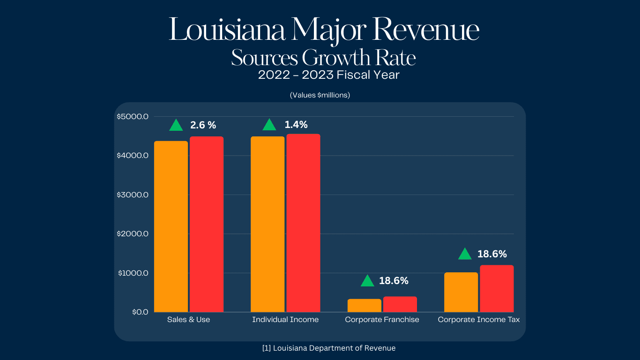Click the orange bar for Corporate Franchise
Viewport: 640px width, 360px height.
(x=365, y=305)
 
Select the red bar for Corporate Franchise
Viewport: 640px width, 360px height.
(x=400, y=304)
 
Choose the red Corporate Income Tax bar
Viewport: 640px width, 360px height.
(x=497, y=288)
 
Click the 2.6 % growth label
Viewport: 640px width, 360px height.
(x=203, y=125)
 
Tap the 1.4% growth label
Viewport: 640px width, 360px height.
(x=296, y=125)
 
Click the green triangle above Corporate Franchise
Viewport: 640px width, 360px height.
(x=367, y=281)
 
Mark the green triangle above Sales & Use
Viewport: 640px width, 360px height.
(x=176, y=125)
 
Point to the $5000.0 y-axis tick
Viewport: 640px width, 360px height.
(x=133, y=116)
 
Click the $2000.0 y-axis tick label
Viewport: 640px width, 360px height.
(x=133, y=233)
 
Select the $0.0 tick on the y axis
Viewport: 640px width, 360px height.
(x=140, y=312)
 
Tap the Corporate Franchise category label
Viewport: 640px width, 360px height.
(x=382, y=320)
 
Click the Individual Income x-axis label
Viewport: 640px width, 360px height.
(x=285, y=320)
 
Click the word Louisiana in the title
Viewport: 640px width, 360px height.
(x=227, y=30)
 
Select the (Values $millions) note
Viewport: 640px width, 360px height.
(x=320, y=95)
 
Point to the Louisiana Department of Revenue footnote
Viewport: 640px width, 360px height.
(x=329, y=348)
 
